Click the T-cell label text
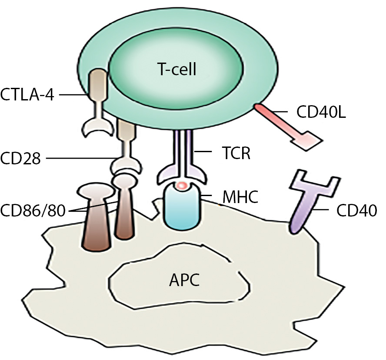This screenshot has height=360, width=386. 176,69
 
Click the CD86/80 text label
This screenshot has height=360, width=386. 33,212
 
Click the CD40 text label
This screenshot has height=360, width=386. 356,212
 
